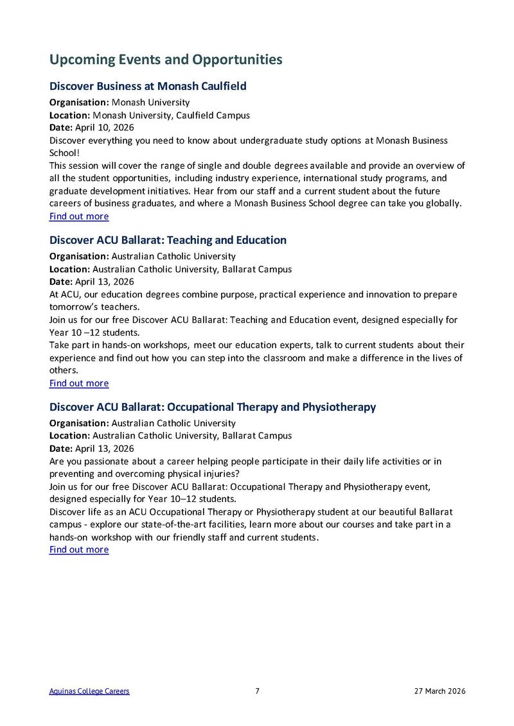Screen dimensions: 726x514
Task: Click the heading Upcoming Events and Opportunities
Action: [x=166, y=60]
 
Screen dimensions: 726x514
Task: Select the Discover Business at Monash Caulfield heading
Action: [x=148, y=86]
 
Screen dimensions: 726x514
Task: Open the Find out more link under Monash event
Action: [x=79, y=216]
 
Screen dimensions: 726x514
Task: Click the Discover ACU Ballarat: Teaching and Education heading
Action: [x=168, y=240]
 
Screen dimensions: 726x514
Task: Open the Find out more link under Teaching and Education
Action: [x=79, y=383]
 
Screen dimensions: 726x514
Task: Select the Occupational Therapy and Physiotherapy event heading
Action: [x=213, y=407]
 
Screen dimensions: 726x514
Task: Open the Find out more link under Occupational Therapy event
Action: [x=79, y=549]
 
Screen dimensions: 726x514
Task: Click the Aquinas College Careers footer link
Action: [x=89, y=691]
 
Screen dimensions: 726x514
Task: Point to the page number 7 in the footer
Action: [x=257, y=691]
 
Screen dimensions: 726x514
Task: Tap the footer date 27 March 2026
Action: [x=439, y=691]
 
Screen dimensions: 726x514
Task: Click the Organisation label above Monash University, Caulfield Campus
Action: [x=79, y=102]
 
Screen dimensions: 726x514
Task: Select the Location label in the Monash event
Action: [x=69, y=115]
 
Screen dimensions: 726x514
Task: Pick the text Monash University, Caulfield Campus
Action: [x=171, y=115]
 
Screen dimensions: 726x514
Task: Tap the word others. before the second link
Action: [x=62, y=370]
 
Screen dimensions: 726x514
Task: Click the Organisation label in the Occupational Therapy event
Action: [x=79, y=423]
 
